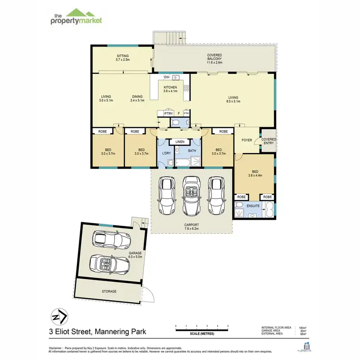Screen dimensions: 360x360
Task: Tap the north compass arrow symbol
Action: (59, 317)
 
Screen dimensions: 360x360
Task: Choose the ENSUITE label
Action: (252, 206)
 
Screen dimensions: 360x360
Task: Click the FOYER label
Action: (247, 141)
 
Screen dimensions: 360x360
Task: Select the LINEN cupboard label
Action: (180, 142)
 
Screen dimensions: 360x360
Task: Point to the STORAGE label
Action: (109, 291)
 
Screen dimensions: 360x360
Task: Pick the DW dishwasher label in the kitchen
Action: (167, 77)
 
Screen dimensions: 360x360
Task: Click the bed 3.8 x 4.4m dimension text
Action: (254, 176)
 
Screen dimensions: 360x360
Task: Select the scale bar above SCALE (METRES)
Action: (202, 329)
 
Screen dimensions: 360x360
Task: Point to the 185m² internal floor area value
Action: (302, 327)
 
